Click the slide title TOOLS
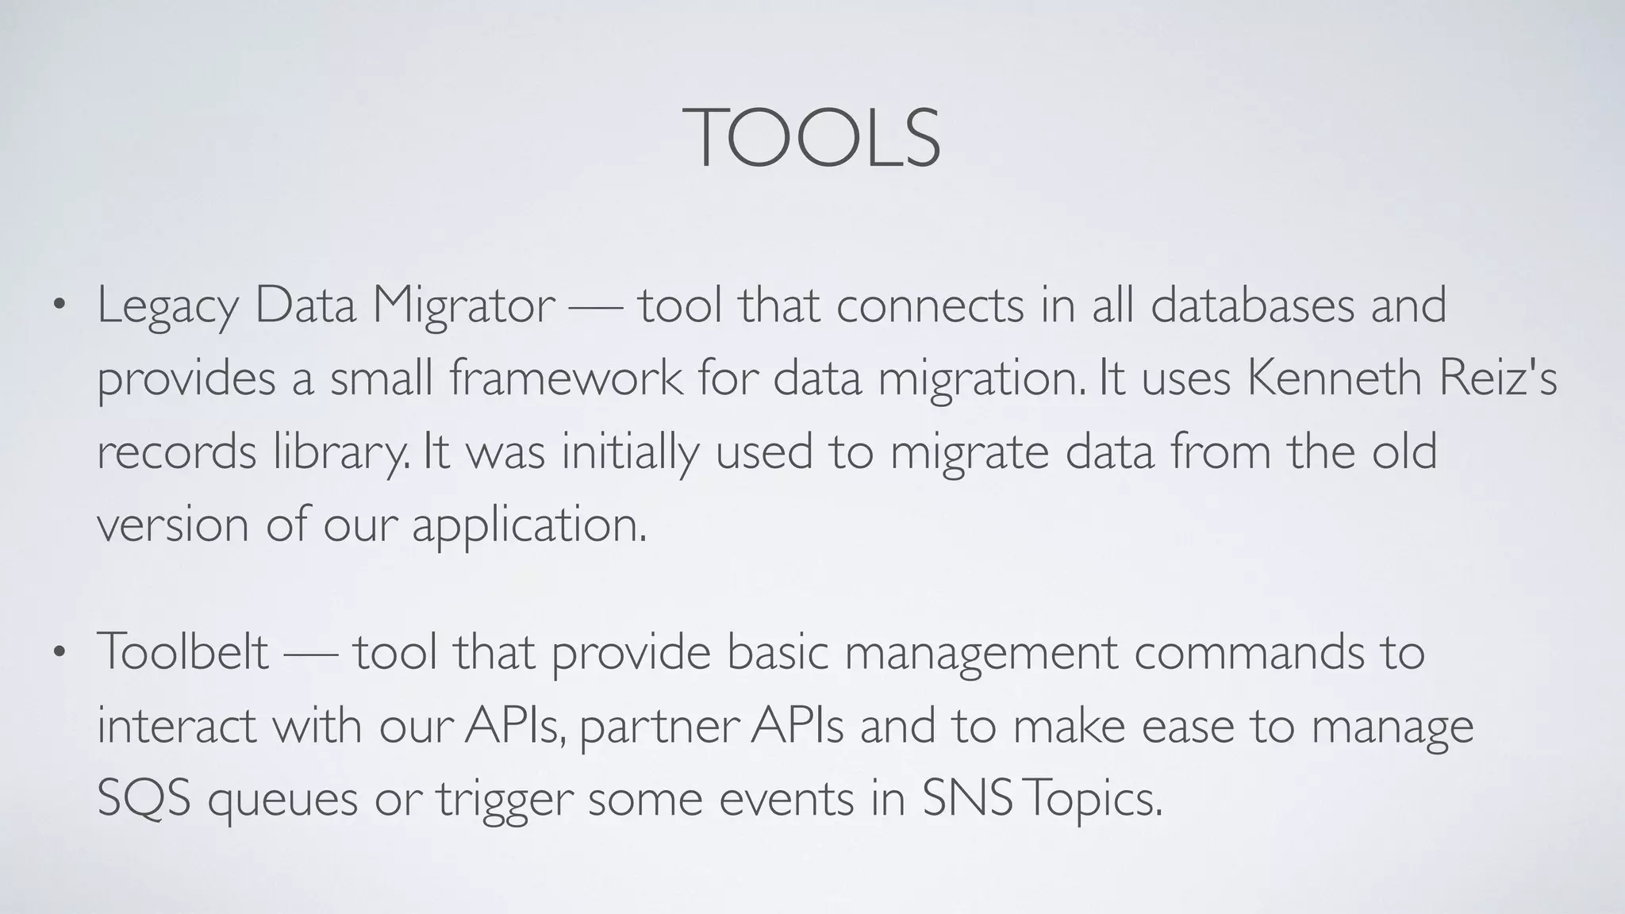coord(812,139)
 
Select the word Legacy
coord(167,306)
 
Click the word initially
coord(630,452)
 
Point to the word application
coord(528,525)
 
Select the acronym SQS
coord(144,798)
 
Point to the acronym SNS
coord(967,798)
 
